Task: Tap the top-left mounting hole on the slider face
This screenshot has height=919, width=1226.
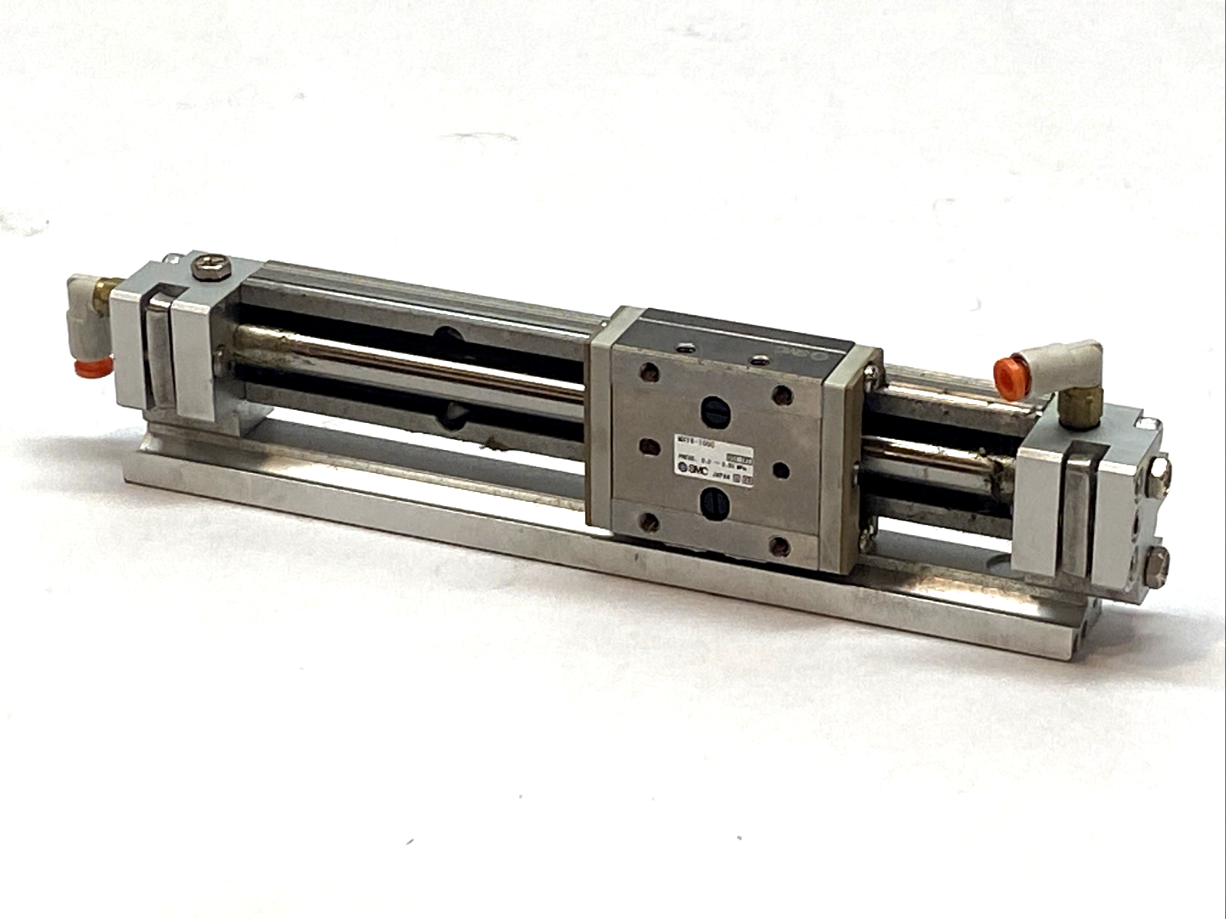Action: click(x=652, y=373)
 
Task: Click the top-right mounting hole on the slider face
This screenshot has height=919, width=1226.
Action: click(x=782, y=395)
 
